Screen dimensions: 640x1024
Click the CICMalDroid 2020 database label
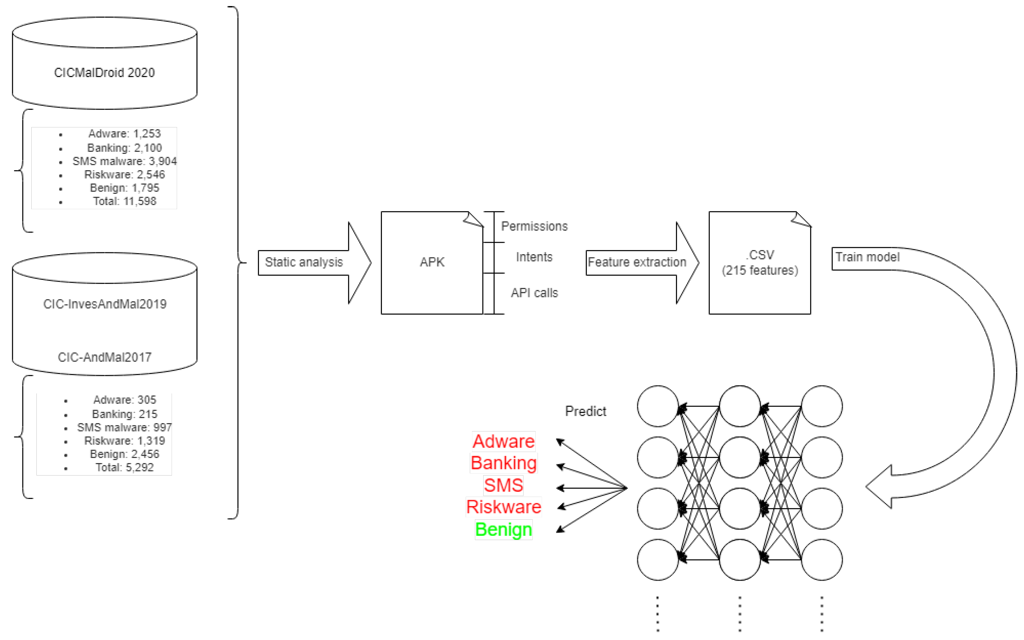[x=104, y=72]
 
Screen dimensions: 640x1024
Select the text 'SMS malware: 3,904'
[x=125, y=161]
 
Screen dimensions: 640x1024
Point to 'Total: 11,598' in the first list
[x=125, y=201]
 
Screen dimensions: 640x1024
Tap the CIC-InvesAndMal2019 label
[x=105, y=304]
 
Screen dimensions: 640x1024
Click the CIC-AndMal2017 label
[x=105, y=357]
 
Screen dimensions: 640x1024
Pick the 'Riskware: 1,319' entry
[x=125, y=441]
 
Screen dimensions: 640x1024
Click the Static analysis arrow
[x=304, y=263]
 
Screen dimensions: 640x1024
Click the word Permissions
[x=534, y=226]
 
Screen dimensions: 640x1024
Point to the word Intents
[x=534, y=257]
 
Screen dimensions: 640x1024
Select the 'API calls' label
[x=534, y=293]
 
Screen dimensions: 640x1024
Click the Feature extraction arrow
[x=637, y=263]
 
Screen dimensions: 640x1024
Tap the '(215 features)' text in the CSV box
[x=760, y=270]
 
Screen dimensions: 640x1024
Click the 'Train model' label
[x=867, y=257]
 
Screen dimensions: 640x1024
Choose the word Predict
[x=585, y=411]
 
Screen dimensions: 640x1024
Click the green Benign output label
[x=503, y=530]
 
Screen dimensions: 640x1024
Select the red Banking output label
[x=503, y=463]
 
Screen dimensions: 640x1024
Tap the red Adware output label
[x=503, y=441]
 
